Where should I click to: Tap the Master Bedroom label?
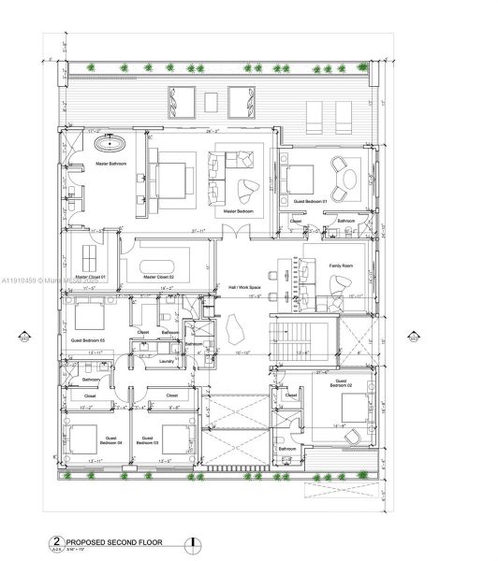[x=239, y=211]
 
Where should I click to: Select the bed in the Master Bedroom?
[x=174, y=175]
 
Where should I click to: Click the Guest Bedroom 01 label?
[x=311, y=202]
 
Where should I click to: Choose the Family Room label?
[x=342, y=266]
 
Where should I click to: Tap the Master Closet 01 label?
[x=91, y=278]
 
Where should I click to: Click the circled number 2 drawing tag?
[x=55, y=541]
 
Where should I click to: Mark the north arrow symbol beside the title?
[x=193, y=541]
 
